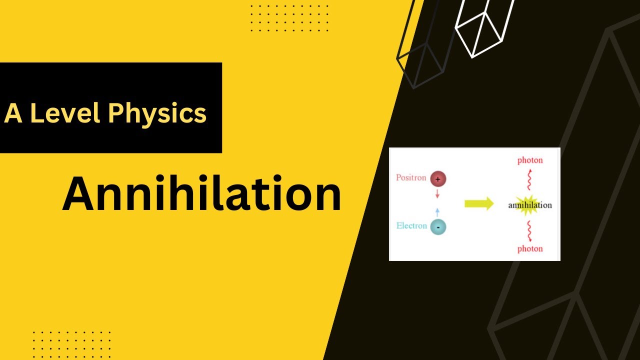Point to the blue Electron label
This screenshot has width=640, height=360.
tap(411, 225)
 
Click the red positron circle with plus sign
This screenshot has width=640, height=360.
tap(437, 178)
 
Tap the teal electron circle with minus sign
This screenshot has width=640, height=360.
tap(437, 227)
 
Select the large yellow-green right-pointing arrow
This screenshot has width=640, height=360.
tap(478, 203)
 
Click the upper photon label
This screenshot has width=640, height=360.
tap(530, 160)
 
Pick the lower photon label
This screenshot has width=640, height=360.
tap(530, 248)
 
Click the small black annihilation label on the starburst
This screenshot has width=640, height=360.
tap(530, 205)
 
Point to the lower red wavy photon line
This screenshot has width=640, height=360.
tap(530, 230)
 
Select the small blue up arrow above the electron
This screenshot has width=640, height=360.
tap(437, 212)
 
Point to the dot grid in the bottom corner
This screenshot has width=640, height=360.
tap(71, 343)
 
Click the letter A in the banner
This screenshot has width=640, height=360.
tap(13, 113)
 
